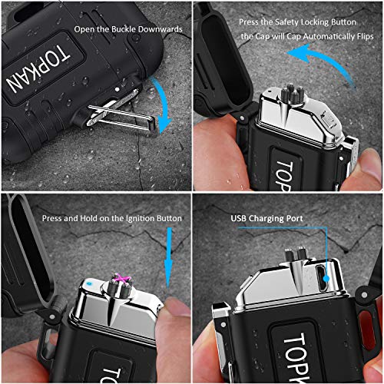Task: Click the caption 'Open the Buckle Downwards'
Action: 130,29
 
